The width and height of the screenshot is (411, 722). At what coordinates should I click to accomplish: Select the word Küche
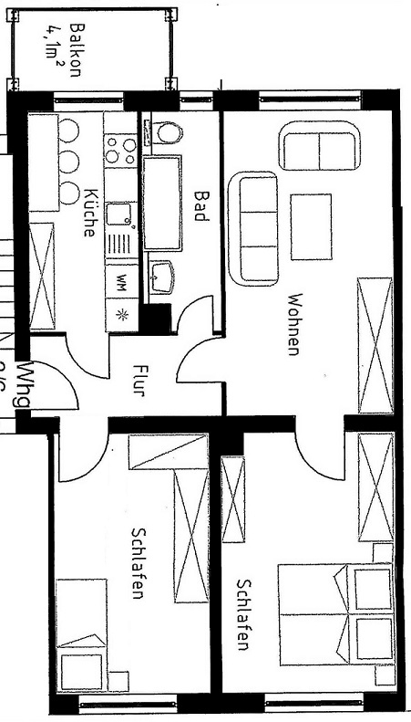point(89,213)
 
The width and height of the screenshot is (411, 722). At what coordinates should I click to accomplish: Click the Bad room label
point(201,205)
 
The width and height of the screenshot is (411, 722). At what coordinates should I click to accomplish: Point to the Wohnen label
point(293,323)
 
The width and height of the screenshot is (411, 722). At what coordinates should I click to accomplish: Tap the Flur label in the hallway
point(139,382)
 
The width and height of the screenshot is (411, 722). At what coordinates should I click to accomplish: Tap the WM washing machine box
point(119,282)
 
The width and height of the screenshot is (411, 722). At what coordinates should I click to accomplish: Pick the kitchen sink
point(119,215)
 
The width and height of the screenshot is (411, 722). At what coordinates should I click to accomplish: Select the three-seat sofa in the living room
point(259,228)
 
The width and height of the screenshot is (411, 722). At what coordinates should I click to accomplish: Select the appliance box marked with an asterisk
point(119,314)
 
